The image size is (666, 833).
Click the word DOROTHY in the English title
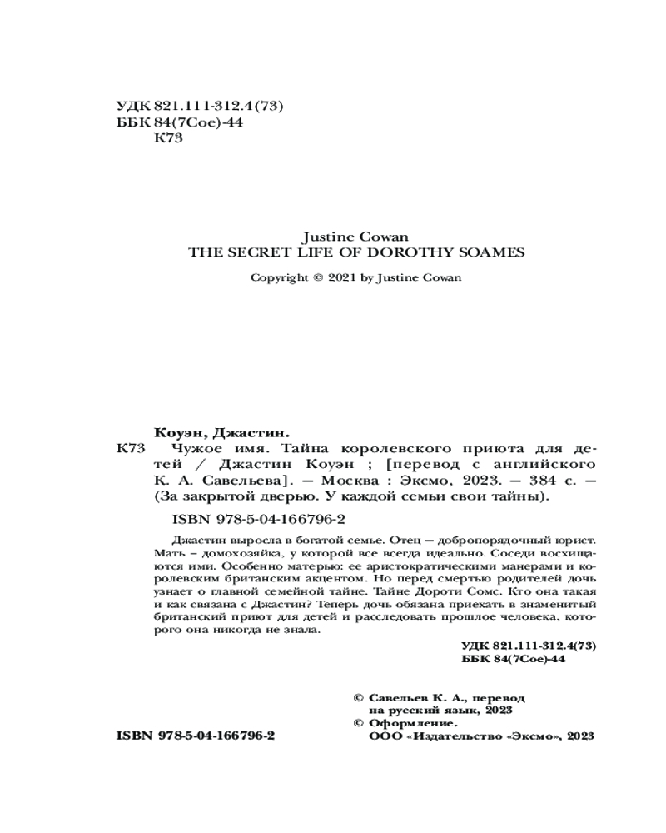pyautogui.click(x=413, y=252)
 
